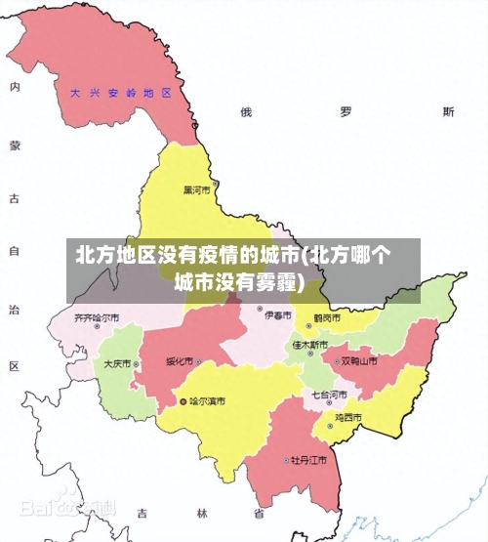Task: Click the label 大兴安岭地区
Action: coord(120,94)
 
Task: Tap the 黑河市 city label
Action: coord(197,189)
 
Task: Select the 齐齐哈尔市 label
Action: coord(97,318)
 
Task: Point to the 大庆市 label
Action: coord(117,363)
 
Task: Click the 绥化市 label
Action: coord(180,361)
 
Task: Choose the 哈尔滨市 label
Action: coord(207,401)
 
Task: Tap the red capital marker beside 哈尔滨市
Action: coord(183,401)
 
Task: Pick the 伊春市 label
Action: coord(278,315)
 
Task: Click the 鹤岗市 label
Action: coord(326,318)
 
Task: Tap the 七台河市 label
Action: coord(329,395)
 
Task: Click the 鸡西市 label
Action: coord(348,417)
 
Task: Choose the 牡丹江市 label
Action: coord(307,459)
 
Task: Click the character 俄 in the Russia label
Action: coord(246,112)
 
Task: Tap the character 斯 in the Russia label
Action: coord(448,112)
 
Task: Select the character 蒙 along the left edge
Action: coord(15,146)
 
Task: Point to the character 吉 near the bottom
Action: coord(142,513)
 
